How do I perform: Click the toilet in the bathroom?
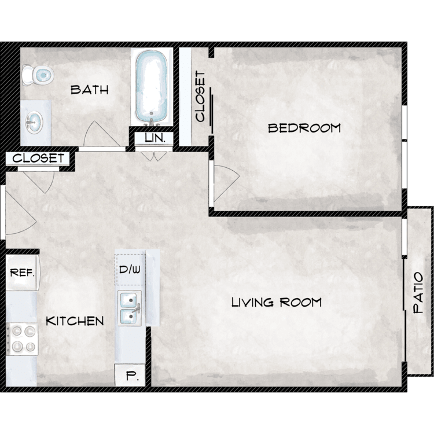(38, 75)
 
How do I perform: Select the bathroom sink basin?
(34, 122)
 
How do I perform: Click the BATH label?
(89, 90)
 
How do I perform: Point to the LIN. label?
(155, 138)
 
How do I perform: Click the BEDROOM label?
(304, 128)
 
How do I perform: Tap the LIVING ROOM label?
(276, 302)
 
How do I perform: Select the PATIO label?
(418, 293)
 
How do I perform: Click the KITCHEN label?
(75, 321)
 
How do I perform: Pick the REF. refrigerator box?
(23, 273)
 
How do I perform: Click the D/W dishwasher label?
(130, 269)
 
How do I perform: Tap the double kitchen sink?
(130, 308)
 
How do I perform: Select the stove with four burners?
(22, 339)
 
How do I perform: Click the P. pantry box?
(130, 376)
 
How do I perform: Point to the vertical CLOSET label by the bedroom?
(200, 96)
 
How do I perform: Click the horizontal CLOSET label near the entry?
(38, 159)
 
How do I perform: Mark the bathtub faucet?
(152, 122)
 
